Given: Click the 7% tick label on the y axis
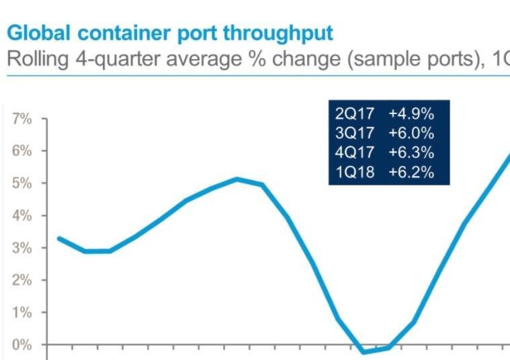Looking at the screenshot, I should [x=22, y=119].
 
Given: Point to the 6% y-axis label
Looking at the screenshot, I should [x=22, y=151].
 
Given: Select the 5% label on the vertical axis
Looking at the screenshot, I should [x=22, y=183].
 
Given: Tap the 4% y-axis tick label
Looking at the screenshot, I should [x=22, y=216].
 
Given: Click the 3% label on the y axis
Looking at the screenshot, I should [x=22, y=248].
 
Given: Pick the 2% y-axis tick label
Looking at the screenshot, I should [x=22, y=280].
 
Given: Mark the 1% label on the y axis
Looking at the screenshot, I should [x=22, y=312].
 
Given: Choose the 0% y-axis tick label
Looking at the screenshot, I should [x=22, y=345].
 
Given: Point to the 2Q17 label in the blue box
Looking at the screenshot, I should [x=354, y=113].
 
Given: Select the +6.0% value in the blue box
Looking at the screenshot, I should [x=411, y=132].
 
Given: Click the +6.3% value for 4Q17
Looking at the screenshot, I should [x=411, y=152].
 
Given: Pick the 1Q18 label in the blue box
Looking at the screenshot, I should [x=354, y=172].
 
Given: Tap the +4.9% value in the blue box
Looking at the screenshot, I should [x=411, y=113].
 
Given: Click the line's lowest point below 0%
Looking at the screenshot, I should [x=364, y=351].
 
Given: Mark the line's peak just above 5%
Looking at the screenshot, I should [x=237, y=179].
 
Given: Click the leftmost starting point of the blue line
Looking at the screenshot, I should [x=59, y=238].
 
